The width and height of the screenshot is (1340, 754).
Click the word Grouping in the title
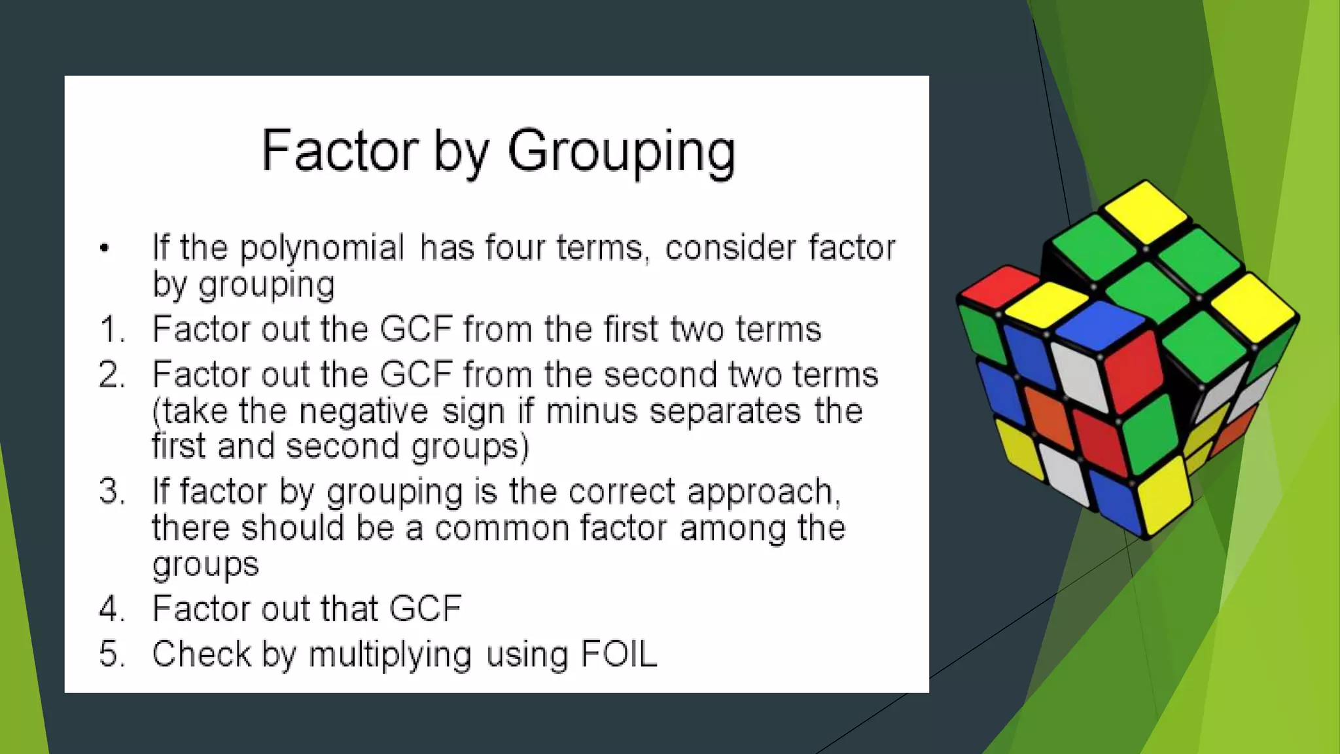tap(621, 152)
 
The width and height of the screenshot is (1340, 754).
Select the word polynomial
tap(322, 248)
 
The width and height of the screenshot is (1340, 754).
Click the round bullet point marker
tap(104, 248)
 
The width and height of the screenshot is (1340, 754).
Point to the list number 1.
tap(111, 329)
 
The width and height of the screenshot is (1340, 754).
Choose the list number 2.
tap(111, 375)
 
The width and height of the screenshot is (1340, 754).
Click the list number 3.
tap(111, 492)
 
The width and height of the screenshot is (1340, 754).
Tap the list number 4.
tap(111, 609)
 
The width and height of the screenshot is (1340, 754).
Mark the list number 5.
tap(111, 654)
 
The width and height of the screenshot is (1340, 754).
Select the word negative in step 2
tap(363, 411)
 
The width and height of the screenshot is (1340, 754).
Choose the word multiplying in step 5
tap(390, 655)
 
